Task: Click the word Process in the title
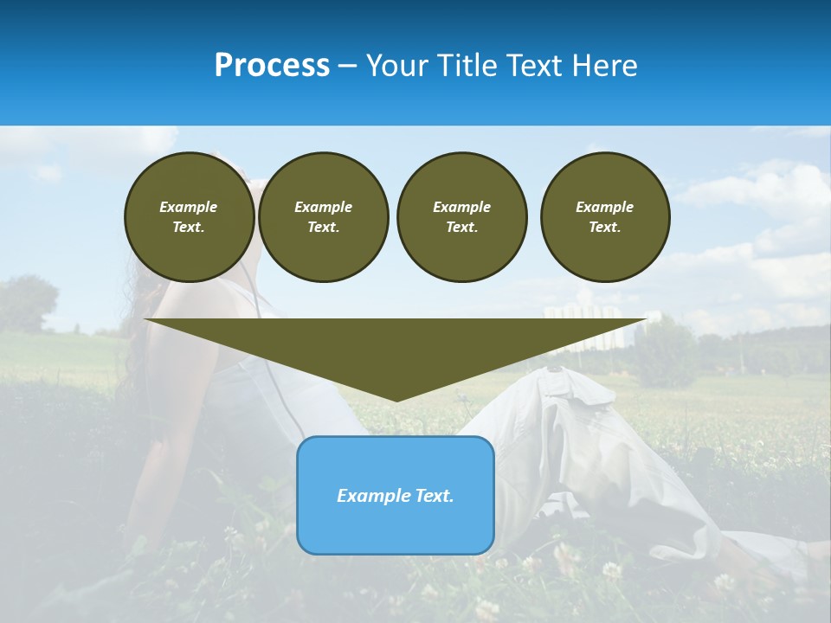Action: [272, 66]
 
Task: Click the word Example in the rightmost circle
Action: [604, 207]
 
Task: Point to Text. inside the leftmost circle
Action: [189, 228]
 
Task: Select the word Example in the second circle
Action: [323, 207]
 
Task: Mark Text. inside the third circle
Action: [461, 228]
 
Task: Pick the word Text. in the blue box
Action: [435, 496]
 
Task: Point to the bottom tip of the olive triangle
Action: [396, 400]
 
